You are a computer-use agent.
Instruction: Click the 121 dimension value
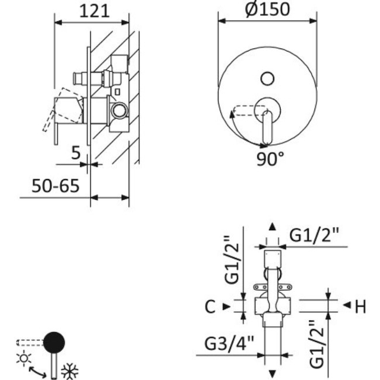pos(94,11)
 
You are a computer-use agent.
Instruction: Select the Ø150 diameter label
pos(267,9)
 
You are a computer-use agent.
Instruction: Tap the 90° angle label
pos(270,159)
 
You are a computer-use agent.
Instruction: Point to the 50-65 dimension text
pos(55,186)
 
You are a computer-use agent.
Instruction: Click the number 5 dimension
pos(76,153)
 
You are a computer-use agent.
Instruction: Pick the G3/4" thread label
pos(229,343)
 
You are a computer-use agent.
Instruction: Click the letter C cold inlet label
pos(210,307)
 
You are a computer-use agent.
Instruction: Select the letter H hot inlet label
pos(361,307)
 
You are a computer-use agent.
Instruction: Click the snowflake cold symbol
pos(69,371)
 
